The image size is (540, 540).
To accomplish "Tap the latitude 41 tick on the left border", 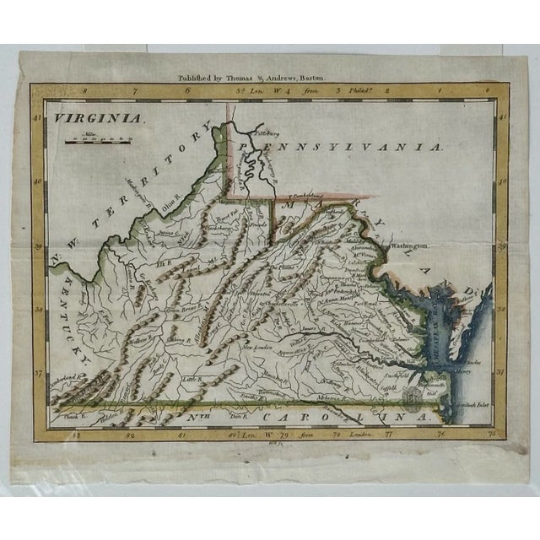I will pyautogui.click(x=37, y=119).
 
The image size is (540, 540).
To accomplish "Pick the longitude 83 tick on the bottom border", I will pyautogui.click(x=77, y=435).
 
